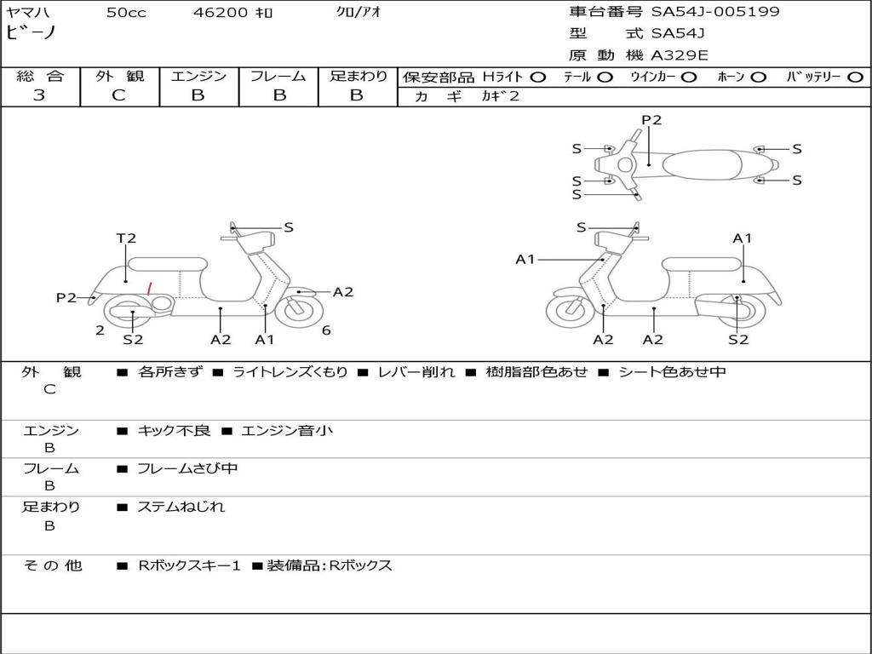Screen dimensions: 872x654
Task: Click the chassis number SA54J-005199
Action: [715, 11]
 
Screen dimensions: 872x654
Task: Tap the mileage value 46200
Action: [221, 12]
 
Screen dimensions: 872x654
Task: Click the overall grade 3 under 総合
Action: [39, 95]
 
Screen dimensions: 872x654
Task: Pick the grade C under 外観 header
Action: [118, 95]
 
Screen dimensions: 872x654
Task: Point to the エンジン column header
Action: [198, 76]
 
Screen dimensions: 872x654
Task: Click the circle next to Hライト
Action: [538, 77]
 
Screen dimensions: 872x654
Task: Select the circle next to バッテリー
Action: [855, 77]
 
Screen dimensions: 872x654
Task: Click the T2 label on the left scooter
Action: [126, 238]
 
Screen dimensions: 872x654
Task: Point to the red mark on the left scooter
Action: [148, 289]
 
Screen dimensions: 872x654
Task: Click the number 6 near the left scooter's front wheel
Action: [326, 330]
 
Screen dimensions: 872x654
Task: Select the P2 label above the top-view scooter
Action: [651, 120]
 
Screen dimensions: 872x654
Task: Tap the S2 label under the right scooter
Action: [738, 339]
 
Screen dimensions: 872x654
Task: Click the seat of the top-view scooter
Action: [702, 164]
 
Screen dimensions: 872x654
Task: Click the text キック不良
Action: [174, 430]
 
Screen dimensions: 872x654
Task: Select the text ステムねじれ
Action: [181, 507]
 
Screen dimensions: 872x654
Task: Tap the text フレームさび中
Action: [187, 469]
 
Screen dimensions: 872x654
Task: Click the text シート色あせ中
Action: [673, 371]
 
